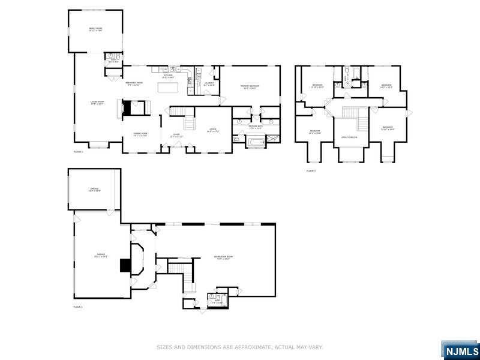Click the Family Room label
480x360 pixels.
point(95,29)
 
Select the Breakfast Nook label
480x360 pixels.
point(134,83)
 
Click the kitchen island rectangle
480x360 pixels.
point(169,87)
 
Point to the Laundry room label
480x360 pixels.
point(209,84)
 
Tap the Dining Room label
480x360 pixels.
point(140,134)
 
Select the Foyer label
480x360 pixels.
point(176,135)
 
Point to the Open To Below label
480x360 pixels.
point(350,137)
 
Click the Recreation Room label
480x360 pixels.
point(223,257)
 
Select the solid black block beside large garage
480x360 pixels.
point(125,265)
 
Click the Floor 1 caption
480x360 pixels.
point(78,307)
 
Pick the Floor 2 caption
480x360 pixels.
point(78,152)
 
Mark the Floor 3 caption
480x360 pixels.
point(311,171)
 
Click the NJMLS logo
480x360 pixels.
point(461,350)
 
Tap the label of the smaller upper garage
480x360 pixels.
point(94,190)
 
